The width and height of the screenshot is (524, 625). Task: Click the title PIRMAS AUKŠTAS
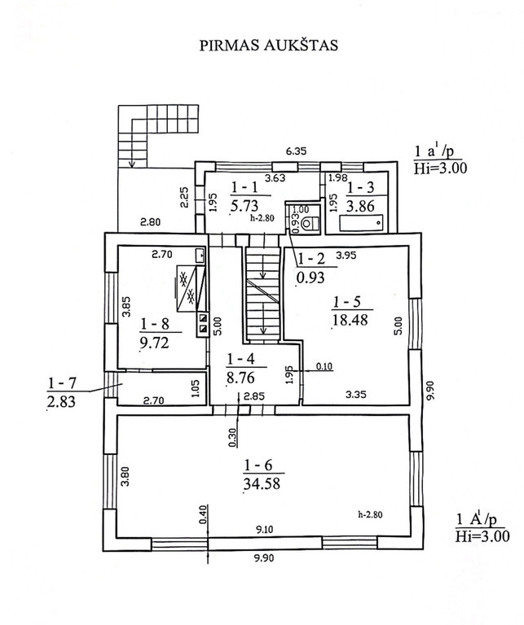tap(269, 45)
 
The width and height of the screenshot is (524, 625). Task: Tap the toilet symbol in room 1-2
tap(310, 224)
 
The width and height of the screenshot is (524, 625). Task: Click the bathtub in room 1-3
tap(361, 223)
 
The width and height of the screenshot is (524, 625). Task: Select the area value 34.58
tap(262, 483)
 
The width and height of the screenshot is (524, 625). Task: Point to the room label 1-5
tap(346, 302)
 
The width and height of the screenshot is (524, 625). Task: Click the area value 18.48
tap(350, 320)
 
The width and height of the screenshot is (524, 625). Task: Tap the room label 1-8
tap(155, 324)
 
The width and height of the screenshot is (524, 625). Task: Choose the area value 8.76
tap(240, 378)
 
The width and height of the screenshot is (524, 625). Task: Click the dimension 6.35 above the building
tap(296, 151)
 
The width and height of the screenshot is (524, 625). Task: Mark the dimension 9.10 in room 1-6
tap(265, 529)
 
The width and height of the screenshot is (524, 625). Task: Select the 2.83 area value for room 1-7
tap(61, 401)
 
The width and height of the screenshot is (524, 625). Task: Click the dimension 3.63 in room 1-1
tap(275, 177)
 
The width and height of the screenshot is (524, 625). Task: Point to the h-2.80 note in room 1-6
tap(370, 514)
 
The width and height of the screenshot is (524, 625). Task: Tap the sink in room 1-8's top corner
tap(200, 256)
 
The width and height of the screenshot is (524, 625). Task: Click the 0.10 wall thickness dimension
tap(324, 366)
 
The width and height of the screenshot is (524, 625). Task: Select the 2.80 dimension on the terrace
tap(150, 221)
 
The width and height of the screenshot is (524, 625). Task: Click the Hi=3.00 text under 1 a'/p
tap(440, 168)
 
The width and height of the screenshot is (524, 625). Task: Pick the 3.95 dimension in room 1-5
tap(346, 255)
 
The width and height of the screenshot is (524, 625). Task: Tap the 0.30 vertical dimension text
tap(233, 437)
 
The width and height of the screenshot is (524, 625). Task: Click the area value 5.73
tap(244, 205)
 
